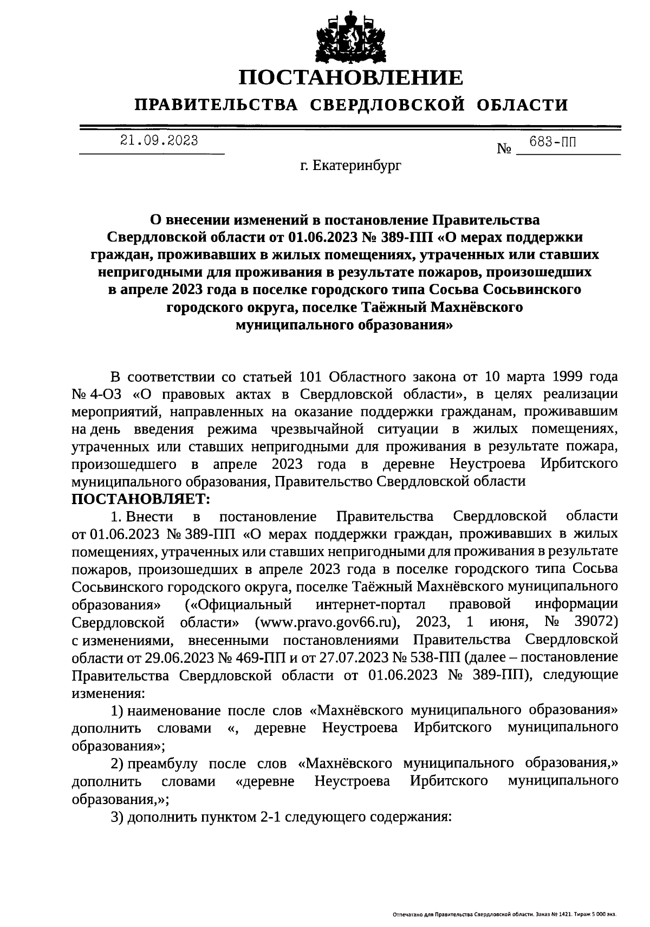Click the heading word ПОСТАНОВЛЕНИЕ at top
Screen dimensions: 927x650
[x=352, y=78]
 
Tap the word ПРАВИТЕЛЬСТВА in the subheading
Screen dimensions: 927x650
[x=216, y=105]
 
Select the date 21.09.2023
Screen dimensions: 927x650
[x=159, y=141]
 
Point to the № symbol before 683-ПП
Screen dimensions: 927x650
[x=504, y=148]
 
